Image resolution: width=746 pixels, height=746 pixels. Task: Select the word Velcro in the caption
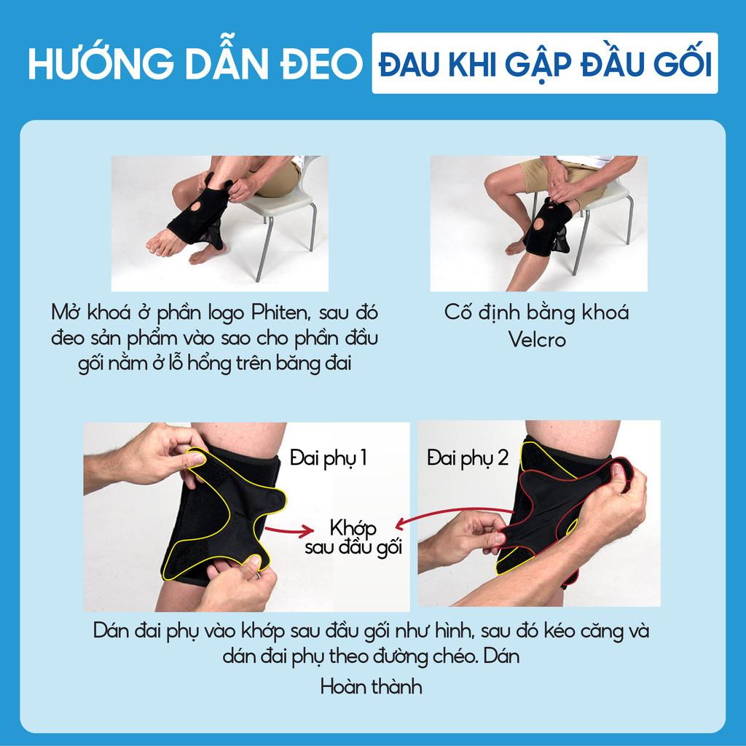coord(537,339)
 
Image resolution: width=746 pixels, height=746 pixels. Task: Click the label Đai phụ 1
coord(329,458)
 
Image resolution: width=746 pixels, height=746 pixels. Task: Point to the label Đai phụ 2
coord(468,458)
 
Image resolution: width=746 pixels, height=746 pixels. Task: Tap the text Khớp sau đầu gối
coord(353,538)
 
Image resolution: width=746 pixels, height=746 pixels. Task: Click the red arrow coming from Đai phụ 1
coord(289,530)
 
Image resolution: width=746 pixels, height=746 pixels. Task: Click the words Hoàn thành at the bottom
coord(371,686)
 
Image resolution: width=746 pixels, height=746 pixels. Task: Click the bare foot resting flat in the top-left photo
coord(164,242)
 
